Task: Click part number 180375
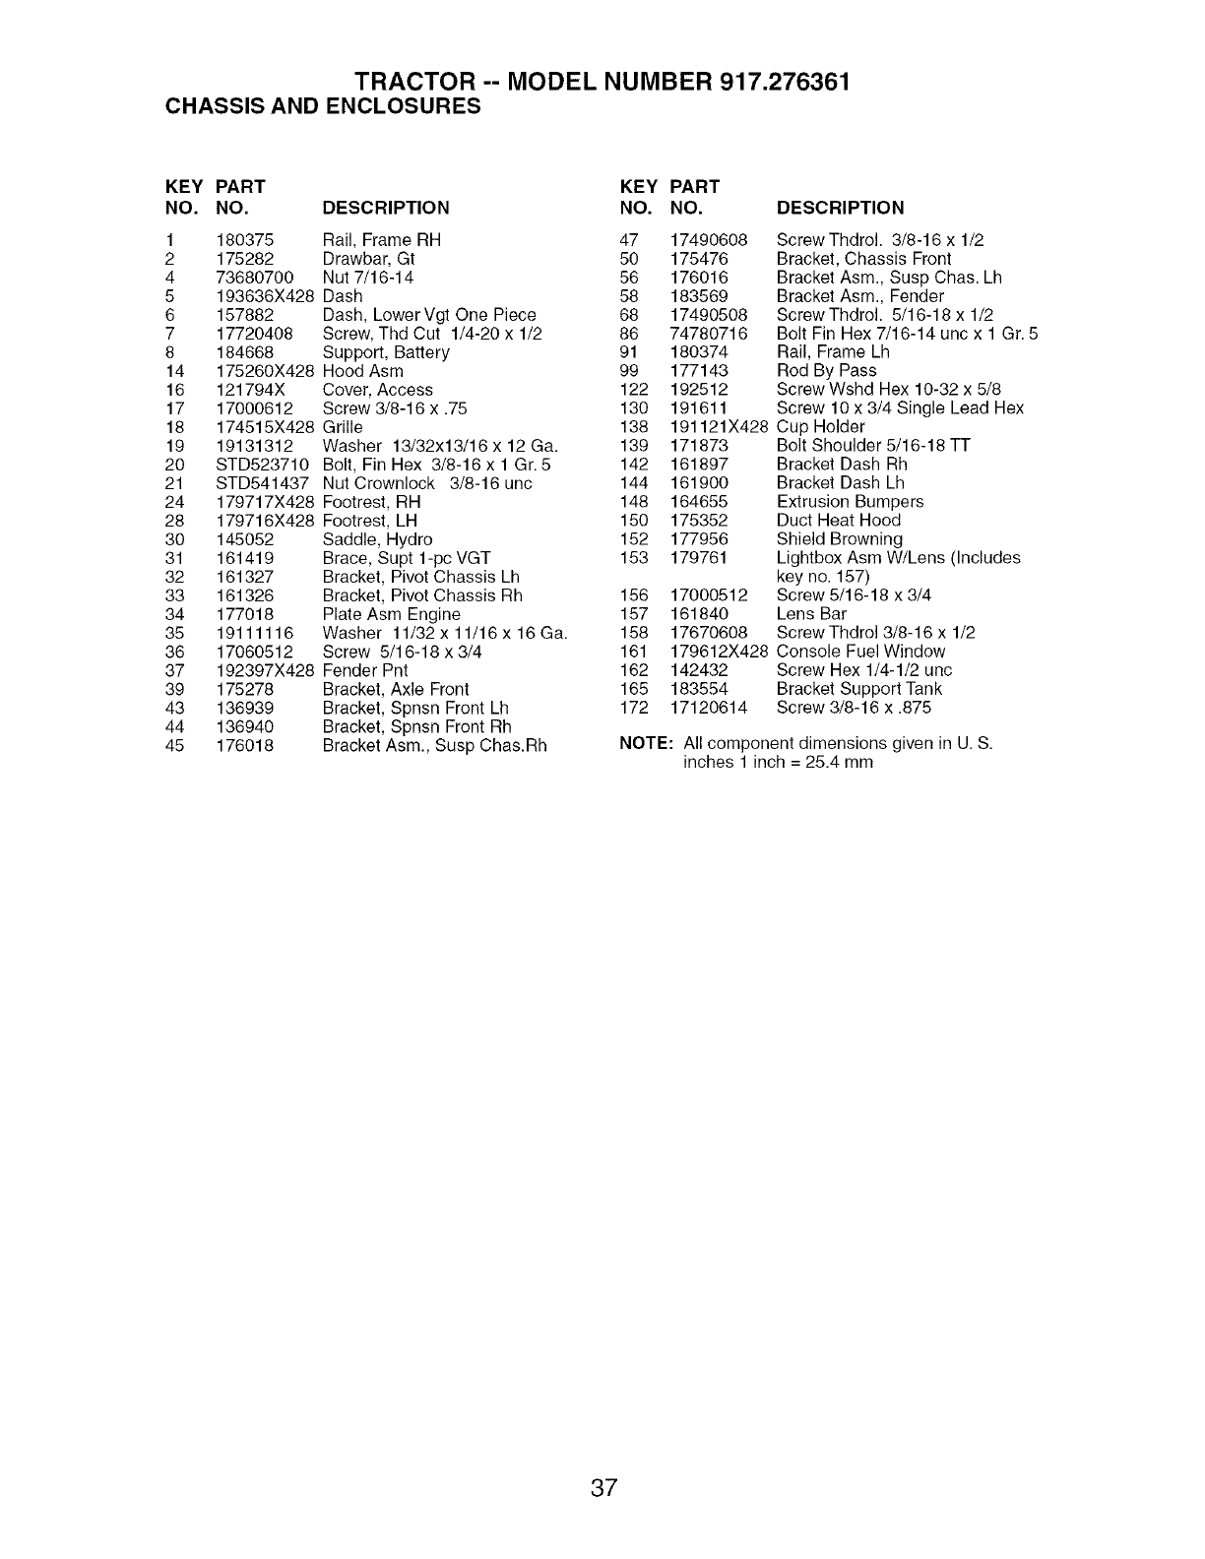click(244, 240)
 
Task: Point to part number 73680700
click(254, 278)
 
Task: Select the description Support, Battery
click(386, 352)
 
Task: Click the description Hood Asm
click(362, 371)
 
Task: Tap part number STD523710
click(263, 465)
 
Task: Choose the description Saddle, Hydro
click(377, 539)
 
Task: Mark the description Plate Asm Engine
click(391, 614)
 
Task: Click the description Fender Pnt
click(365, 670)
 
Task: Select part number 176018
click(244, 745)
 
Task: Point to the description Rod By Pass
click(826, 371)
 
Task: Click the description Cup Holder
click(820, 427)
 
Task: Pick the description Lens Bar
click(811, 614)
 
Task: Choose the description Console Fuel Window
click(860, 652)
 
